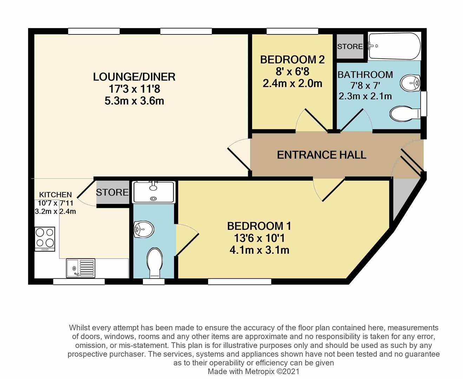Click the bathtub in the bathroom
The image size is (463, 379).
tap(394, 46)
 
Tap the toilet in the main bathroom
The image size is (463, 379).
tap(405, 114)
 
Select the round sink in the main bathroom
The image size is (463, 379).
tap(410, 83)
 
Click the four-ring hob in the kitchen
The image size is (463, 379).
tap(45, 239)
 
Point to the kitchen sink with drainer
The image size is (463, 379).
tap(81, 268)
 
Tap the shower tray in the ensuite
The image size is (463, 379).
tap(153, 192)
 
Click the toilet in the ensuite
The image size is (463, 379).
tap(155, 263)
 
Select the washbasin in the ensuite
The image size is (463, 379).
tap(144, 229)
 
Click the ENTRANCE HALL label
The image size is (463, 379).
tap(322, 155)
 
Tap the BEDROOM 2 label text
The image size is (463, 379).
tap(292, 60)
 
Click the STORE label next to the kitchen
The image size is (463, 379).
tap(112, 192)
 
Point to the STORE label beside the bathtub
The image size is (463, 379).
tap(350, 47)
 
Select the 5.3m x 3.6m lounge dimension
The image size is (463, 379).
tap(134, 101)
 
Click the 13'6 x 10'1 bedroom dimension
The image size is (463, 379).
tap(259, 238)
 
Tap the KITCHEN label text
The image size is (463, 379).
tap(55, 195)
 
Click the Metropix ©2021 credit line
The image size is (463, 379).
tap(253, 372)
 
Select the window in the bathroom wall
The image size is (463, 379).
tap(424, 104)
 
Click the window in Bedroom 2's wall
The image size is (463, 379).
tap(292, 31)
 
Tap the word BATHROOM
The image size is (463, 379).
tap(365, 75)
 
